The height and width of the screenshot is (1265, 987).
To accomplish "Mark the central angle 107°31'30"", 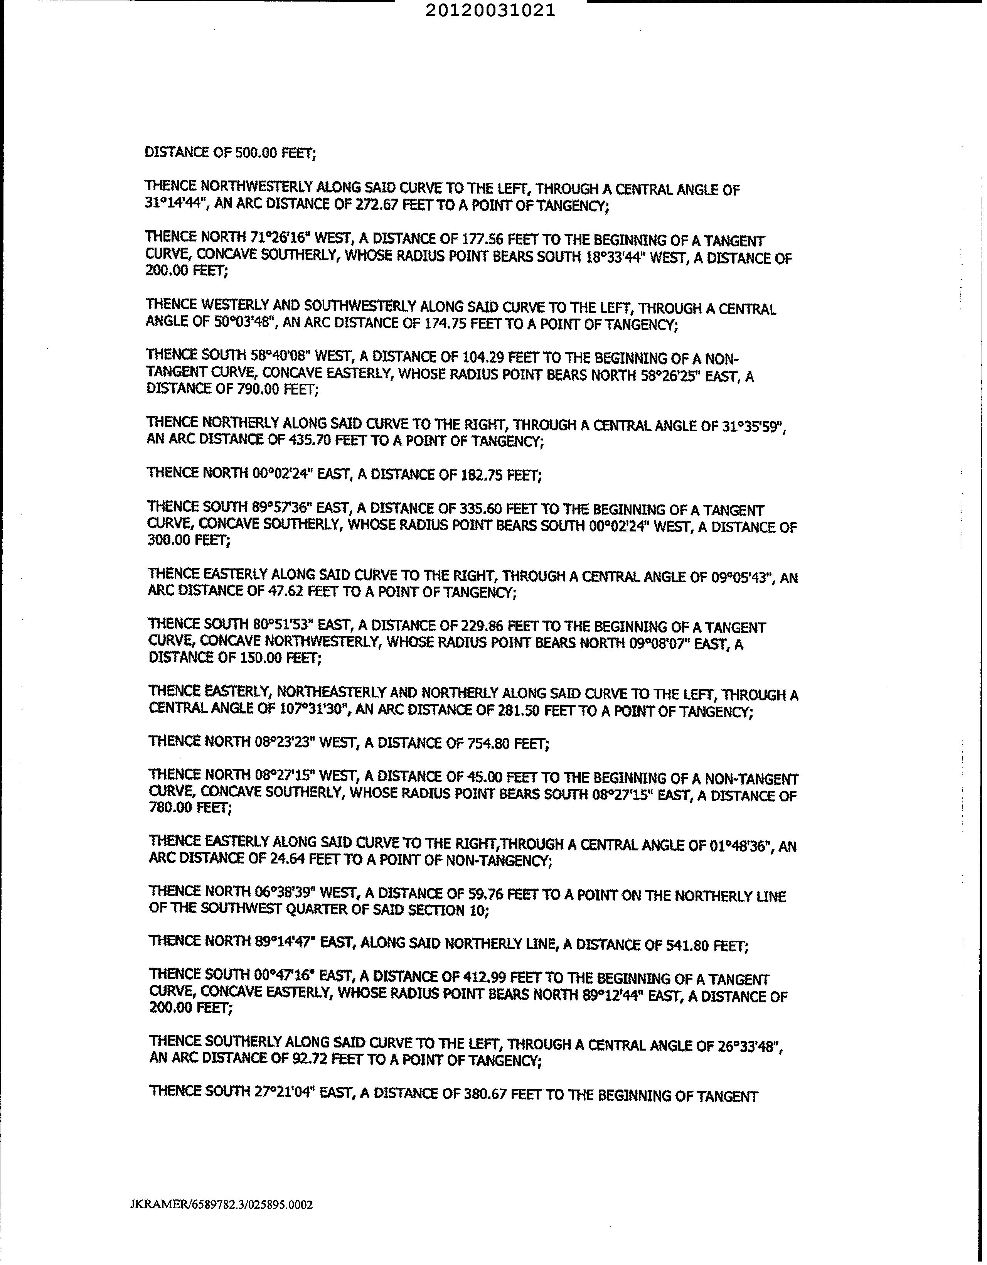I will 314,710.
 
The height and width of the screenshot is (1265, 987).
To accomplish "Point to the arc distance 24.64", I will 287,861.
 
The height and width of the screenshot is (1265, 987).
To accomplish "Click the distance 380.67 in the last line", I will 485,1091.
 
